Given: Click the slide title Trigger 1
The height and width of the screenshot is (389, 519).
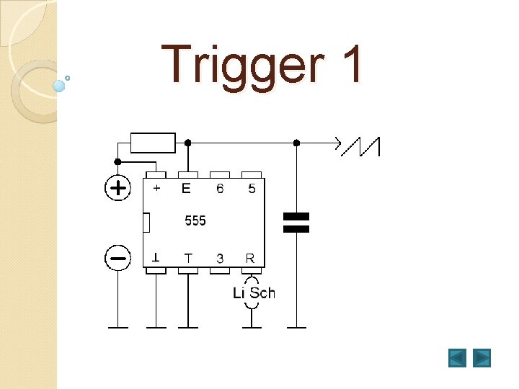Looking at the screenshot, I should pos(264,65).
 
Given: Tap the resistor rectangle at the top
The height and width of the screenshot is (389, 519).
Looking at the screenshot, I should pos(152,143).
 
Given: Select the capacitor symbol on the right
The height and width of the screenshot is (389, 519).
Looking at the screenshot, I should pos(296,223).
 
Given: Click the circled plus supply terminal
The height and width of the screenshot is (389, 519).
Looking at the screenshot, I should pos(117,189).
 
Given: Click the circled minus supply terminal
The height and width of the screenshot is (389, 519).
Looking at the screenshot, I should pos(117,257).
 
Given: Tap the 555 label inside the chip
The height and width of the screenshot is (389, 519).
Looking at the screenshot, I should pos(195,220).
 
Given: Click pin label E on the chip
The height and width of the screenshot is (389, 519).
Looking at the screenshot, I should pos(187,189).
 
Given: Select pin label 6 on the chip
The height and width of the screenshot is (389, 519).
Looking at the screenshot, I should pos(220,189).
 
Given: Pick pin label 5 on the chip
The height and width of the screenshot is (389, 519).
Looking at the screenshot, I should pos(251,189).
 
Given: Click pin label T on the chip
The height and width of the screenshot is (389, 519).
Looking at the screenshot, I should pos(188,258).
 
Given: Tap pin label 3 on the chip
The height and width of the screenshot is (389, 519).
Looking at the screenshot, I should pos(220,258).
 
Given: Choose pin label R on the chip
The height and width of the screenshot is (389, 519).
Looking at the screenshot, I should pos(250,258).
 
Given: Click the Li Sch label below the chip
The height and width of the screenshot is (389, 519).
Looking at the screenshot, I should pos(254,292).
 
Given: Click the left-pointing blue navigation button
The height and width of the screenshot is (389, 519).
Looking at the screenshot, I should pos(457,357).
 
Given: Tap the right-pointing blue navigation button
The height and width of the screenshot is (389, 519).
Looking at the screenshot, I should pos(482,357).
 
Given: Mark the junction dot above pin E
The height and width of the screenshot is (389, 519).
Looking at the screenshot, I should pos(188,143).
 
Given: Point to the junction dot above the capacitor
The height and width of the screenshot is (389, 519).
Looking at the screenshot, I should pos(296,143).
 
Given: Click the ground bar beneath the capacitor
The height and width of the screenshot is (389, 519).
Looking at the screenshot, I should pos(296,328).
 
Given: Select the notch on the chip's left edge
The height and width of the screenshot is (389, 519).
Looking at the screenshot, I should pos(146,223).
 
